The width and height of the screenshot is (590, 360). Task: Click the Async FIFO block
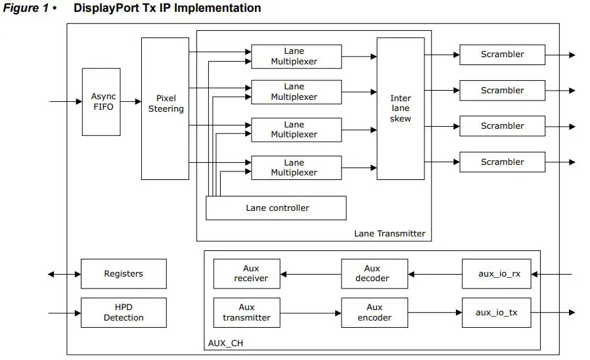pos(101,102)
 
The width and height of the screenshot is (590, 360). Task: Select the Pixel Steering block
pos(165,108)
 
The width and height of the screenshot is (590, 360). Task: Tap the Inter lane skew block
pos(400,108)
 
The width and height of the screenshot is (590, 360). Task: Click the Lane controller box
pos(276,208)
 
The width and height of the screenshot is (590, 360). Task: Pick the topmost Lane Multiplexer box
pos(296,56)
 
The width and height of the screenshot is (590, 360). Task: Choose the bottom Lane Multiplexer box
pos(296,168)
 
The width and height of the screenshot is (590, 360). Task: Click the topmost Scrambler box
pos(502,55)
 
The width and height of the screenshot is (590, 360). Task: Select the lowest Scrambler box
pos(502,162)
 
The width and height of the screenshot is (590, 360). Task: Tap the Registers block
pos(124,274)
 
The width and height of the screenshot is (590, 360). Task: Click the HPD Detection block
pos(124,313)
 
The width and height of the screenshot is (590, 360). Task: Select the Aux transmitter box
pos(247,313)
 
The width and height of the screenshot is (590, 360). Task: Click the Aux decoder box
pos(374,274)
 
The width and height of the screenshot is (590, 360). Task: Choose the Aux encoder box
pos(374,313)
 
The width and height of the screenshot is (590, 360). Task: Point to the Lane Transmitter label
pos(390,233)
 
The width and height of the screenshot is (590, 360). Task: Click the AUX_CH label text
pos(225,343)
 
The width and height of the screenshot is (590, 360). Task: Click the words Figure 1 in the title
pos(25,9)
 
